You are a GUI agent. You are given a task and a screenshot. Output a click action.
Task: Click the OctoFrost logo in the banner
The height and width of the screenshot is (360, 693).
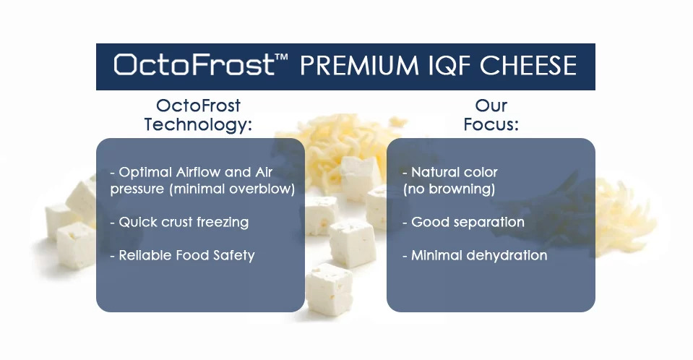click(194, 65)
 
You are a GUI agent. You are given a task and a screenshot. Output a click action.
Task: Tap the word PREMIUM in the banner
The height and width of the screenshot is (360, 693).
click(359, 66)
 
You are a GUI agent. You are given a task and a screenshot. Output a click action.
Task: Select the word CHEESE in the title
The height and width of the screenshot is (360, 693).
click(528, 66)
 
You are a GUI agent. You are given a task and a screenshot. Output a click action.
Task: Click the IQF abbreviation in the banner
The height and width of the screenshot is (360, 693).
click(449, 66)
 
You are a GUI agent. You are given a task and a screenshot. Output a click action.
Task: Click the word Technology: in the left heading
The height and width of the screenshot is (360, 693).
click(198, 124)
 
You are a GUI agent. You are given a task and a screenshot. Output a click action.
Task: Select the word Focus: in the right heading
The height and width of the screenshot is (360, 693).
click(491, 124)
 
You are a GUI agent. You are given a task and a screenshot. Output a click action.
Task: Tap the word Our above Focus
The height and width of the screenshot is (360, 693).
click(491, 106)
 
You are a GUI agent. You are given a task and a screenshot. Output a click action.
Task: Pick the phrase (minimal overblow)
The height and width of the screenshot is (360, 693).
click(232, 189)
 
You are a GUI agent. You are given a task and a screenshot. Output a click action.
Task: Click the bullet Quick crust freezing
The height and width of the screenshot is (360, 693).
click(179, 222)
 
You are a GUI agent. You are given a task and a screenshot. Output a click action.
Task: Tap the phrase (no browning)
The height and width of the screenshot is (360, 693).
click(449, 189)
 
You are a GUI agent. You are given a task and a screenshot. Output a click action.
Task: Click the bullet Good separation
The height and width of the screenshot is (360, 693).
click(464, 222)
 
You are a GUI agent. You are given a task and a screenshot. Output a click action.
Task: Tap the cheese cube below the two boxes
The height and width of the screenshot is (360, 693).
click(330, 290)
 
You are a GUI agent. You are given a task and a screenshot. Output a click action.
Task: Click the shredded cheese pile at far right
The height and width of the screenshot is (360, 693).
click(621, 217)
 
